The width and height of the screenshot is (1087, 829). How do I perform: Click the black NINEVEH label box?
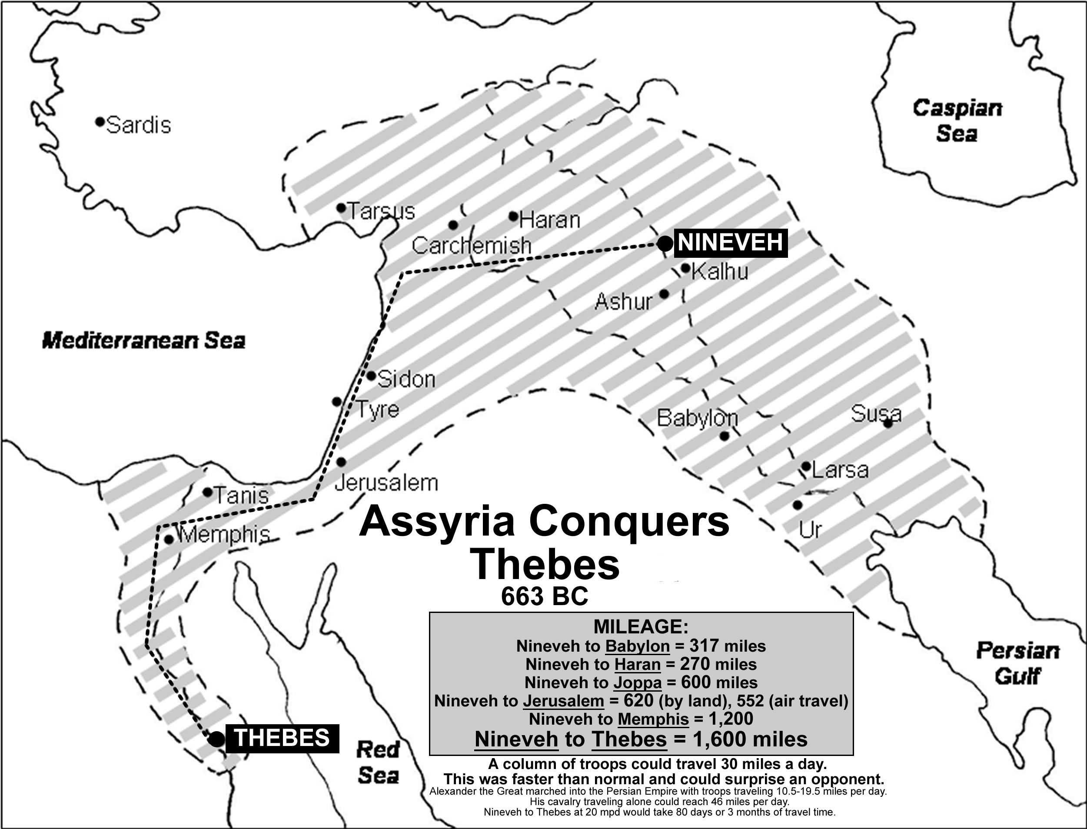click(731, 243)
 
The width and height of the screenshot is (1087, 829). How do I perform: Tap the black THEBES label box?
click(282, 738)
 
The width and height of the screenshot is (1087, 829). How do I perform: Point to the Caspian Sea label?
click(957, 121)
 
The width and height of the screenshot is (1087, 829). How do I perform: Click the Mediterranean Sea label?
click(143, 340)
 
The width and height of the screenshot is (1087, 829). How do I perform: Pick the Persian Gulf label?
click(1017, 664)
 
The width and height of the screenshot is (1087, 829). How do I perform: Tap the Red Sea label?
click(378, 763)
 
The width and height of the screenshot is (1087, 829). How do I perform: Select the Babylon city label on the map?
click(697, 418)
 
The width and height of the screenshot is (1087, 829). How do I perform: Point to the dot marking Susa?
click(888, 423)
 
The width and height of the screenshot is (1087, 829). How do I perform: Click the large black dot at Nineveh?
click(665, 243)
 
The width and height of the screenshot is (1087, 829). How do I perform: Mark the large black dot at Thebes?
click(216, 739)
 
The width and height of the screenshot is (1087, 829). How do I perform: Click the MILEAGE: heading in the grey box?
click(641, 627)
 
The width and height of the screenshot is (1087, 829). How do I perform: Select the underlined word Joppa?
click(638, 683)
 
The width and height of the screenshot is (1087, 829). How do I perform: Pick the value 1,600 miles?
click(751, 739)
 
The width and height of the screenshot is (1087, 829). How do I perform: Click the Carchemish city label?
click(471, 246)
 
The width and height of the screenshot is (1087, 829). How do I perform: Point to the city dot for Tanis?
click(208, 492)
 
